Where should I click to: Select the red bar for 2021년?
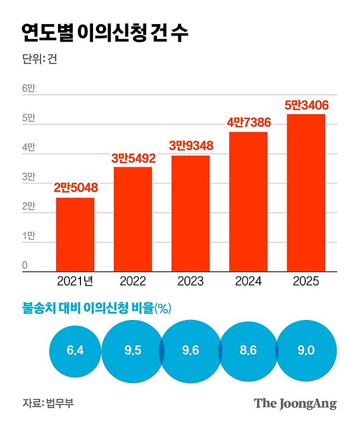pyautogui.click(x=76, y=234)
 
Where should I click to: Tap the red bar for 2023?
pyautogui.click(x=190, y=213)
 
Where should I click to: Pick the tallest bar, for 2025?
pyautogui.click(x=306, y=193)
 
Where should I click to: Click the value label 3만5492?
pyautogui.click(x=133, y=159)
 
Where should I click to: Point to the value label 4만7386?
pyautogui.click(x=248, y=123)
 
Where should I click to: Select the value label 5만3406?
pyautogui.click(x=306, y=106)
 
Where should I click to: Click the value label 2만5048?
pyautogui.click(x=76, y=188)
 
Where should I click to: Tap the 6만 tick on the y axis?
pyautogui.click(x=28, y=88)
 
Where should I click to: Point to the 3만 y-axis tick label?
pyautogui.click(x=28, y=177)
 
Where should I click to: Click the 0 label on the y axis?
pyautogui.click(x=25, y=265)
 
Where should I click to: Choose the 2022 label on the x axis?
pyautogui.click(x=133, y=282)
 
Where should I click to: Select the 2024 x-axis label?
pyautogui.click(x=248, y=282)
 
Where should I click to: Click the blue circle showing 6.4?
pyautogui.click(x=76, y=351)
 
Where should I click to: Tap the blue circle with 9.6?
pyautogui.click(x=190, y=351)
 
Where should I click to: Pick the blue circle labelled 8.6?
pyautogui.click(x=248, y=351)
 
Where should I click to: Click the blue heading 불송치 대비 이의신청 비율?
pyautogui.click(x=88, y=309)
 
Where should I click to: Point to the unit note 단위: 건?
pyautogui.click(x=39, y=59)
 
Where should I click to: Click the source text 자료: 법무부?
pyautogui.click(x=48, y=404)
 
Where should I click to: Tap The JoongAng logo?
pyautogui.click(x=295, y=404)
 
